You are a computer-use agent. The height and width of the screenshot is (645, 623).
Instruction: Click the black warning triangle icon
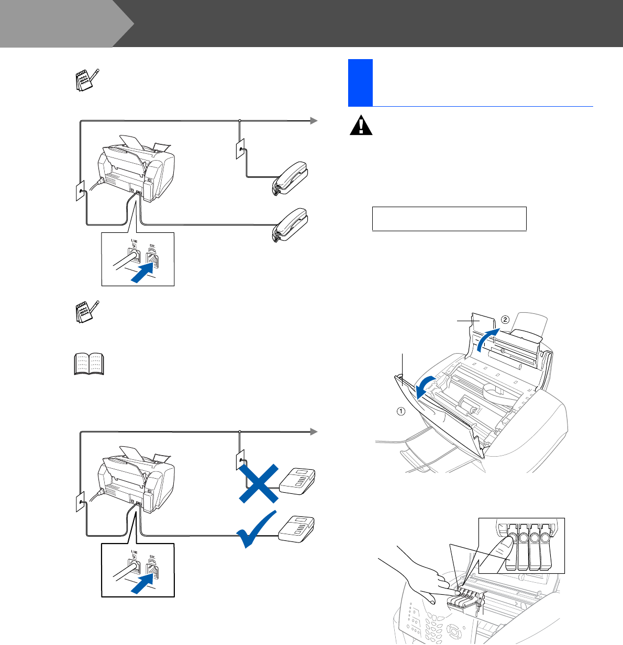[361, 126]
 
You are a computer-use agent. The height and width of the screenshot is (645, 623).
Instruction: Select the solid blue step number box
[360, 82]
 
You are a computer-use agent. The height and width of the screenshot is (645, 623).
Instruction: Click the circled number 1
[400, 411]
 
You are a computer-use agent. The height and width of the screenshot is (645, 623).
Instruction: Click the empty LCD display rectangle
[449, 218]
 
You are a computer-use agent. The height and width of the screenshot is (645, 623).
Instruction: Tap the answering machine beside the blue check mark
[296, 529]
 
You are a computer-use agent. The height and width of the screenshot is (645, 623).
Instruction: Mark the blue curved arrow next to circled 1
[424, 389]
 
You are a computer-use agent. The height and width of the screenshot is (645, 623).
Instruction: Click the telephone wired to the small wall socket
[290, 178]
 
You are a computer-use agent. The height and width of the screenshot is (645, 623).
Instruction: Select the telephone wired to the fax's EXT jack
[290, 227]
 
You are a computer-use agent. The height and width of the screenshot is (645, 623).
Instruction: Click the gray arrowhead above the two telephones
[313, 121]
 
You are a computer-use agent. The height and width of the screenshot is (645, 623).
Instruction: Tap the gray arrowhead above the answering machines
[313, 432]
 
